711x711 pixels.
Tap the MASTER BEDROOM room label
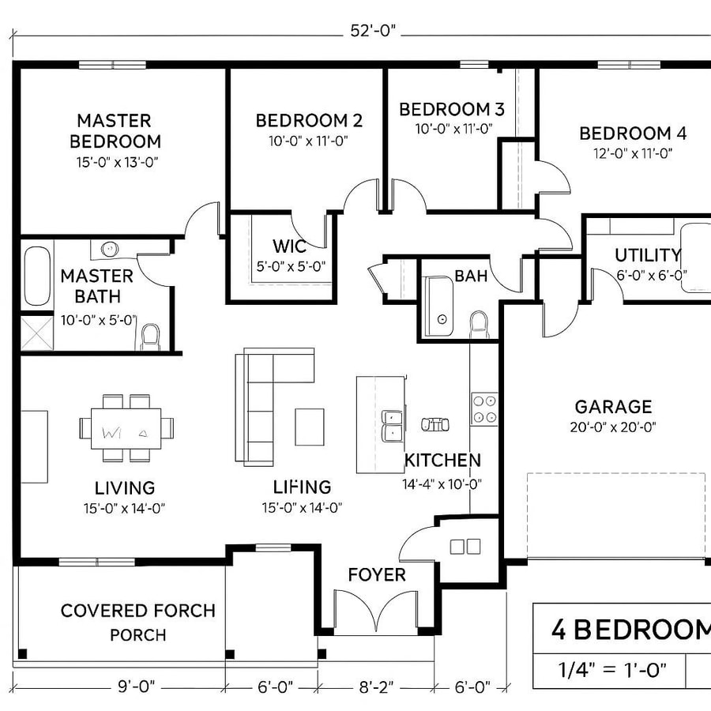click(x=115, y=131)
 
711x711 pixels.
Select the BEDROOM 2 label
click(x=309, y=121)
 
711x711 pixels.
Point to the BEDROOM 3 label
click(x=451, y=109)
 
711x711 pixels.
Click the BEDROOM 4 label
click(x=632, y=134)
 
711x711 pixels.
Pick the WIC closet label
click(x=288, y=246)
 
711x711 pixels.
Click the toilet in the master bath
click(x=150, y=337)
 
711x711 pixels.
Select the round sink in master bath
click(x=109, y=250)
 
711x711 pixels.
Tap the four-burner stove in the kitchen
click(x=483, y=408)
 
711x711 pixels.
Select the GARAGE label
click(x=613, y=407)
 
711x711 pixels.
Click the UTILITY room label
click(x=647, y=255)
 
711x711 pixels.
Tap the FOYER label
click(x=377, y=574)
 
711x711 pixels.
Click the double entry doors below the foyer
click(x=377, y=612)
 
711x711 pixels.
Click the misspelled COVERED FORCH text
click(x=137, y=611)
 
